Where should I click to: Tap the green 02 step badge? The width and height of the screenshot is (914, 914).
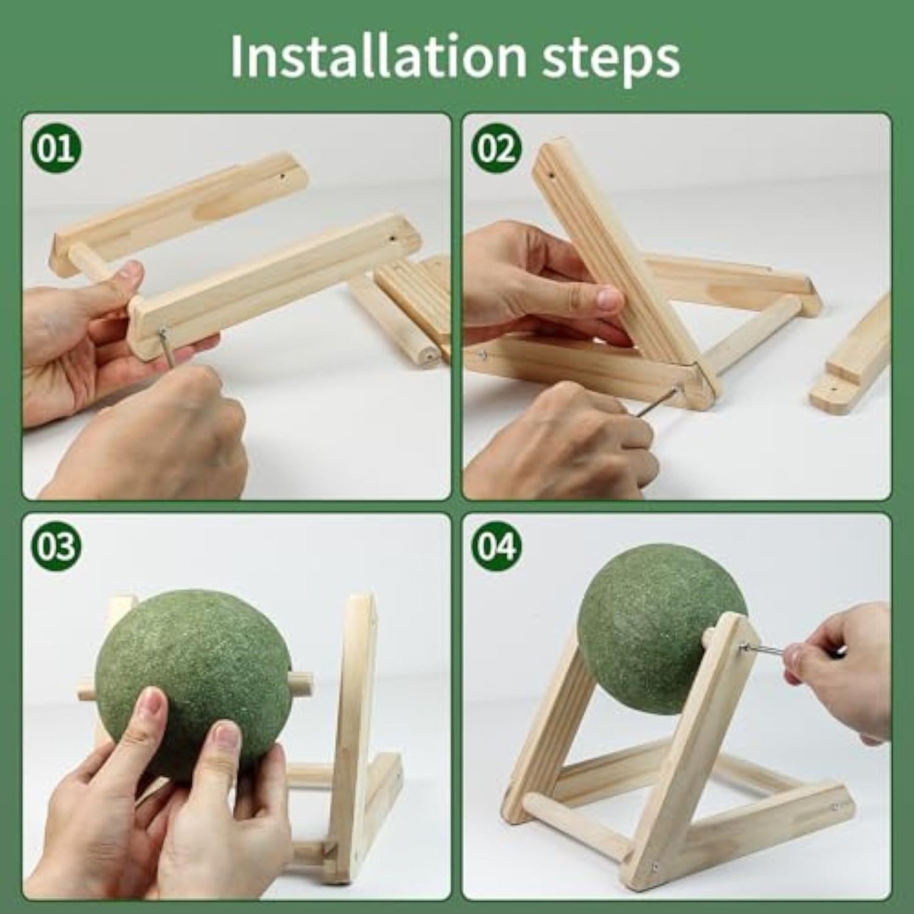496,151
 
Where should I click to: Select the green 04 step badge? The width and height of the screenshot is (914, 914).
496,545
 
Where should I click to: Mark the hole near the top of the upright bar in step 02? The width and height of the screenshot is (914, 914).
552,171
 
